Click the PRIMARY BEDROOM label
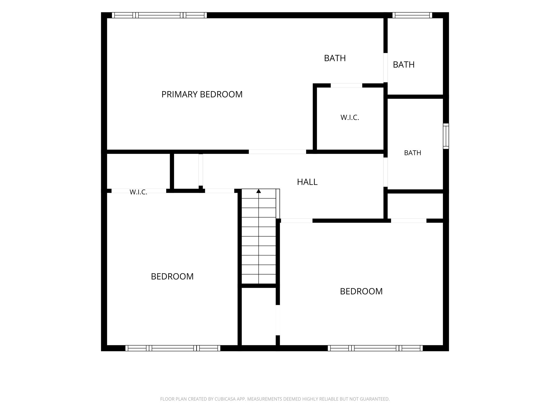tap(202, 94)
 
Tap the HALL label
tap(307, 182)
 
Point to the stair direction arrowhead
tap(259, 191)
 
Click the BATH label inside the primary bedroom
tap(335, 58)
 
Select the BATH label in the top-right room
tap(404, 65)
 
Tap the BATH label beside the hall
tap(412, 153)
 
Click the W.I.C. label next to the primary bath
tap(350, 118)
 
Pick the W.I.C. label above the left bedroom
tap(138, 192)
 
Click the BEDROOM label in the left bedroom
tap(172, 276)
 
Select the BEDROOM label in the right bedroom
tap(361, 291)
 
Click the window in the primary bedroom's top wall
tap(159, 15)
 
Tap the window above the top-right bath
tap(412, 15)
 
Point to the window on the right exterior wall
tap(446, 136)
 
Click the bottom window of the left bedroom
tap(173, 348)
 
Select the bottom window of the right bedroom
tap(375, 348)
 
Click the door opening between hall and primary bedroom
tap(277, 152)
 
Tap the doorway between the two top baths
tap(385, 67)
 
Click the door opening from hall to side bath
tap(385, 172)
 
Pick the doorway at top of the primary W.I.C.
tap(346, 86)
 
